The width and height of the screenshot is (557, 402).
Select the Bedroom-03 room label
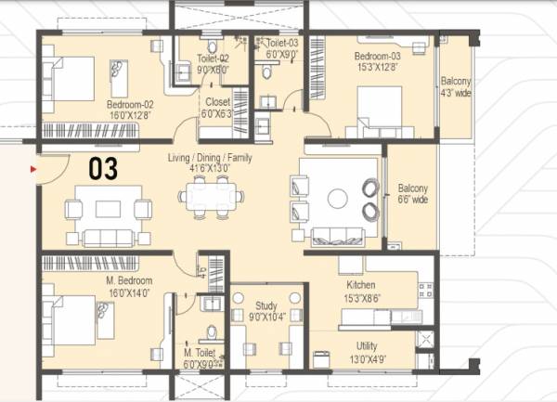(376, 57)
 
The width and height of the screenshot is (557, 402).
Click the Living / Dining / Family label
(209, 159)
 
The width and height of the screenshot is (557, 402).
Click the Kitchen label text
(360, 284)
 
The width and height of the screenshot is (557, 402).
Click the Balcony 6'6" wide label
(412, 192)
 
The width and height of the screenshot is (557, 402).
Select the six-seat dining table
(212, 196)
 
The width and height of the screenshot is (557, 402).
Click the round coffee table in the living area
(338, 198)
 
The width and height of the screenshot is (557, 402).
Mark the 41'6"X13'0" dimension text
(209, 170)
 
